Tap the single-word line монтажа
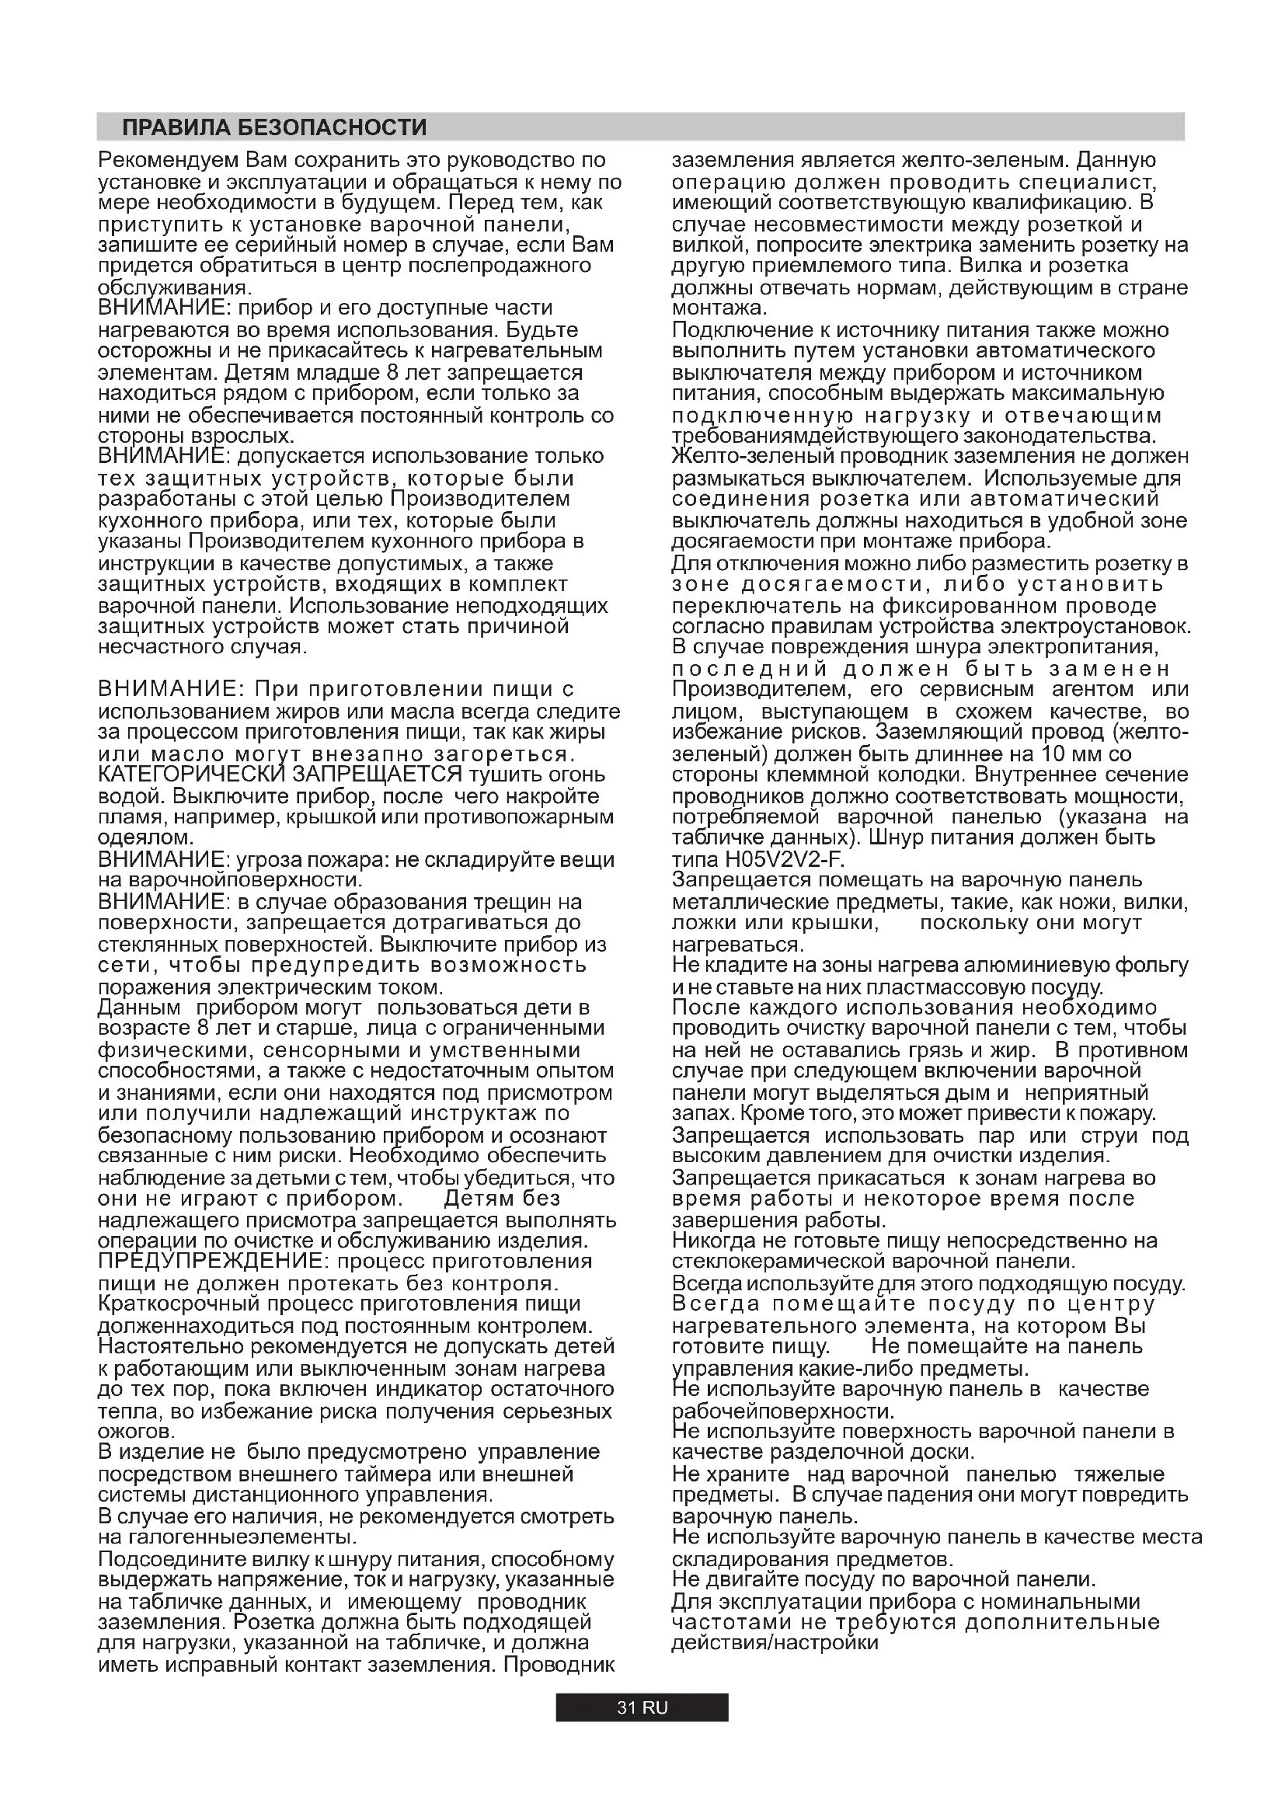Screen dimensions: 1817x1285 click(716, 308)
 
